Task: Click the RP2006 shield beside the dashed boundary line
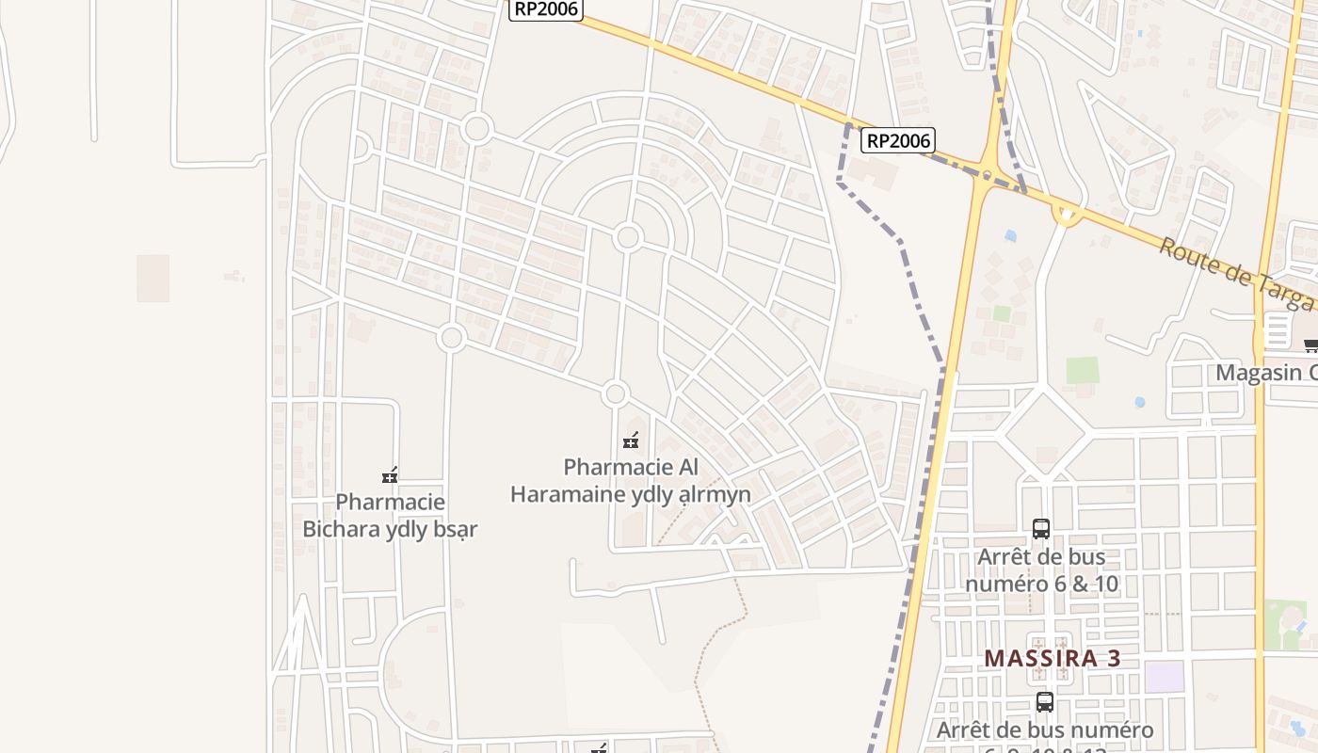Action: coord(897,141)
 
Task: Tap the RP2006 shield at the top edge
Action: coord(546,9)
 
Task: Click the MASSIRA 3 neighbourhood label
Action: coord(1053,658)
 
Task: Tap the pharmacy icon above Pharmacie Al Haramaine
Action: coord(631,441)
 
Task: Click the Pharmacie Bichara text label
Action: coord(390,516)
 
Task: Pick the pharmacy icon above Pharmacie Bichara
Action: coord(390,475)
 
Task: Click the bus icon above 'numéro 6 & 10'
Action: coord(1041,529)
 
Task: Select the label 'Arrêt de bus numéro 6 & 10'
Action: coord(1041,570)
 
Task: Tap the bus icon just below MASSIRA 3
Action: coord(1045,701)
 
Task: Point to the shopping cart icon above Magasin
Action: coord(1310,345)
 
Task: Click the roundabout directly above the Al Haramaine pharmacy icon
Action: coord(616,394)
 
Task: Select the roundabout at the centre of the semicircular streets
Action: coord(628,237)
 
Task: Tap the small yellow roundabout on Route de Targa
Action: coord(1067,216)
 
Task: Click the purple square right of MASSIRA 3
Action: coord(1165,677)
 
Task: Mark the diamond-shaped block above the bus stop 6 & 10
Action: coord(1045,433)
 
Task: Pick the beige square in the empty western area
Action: coord(153,279)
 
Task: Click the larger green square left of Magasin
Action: coord(1083,370)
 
